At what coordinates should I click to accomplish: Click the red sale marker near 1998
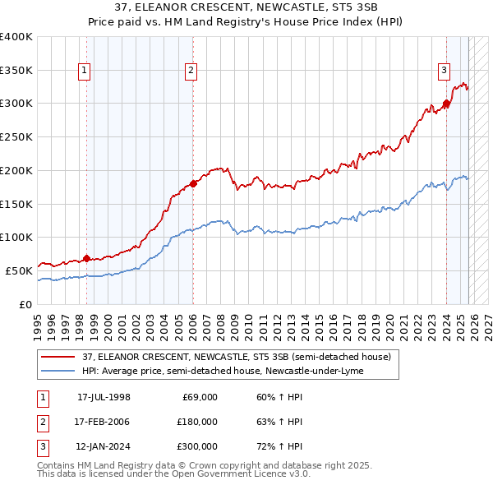pos(87,258)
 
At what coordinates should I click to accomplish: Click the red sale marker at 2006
pos(193,183)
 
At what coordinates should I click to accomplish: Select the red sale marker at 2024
pos(446,104)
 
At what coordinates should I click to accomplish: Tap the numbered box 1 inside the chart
pos(85,72)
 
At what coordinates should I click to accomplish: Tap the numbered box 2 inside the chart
pos(191,72)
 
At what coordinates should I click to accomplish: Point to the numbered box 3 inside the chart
pos(444,72)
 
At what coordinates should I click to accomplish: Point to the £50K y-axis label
pos(20,270)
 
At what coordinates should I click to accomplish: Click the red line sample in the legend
pos(59,357)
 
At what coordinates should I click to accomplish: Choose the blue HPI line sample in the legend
pos(59,371)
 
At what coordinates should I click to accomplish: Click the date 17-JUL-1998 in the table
pos(104,397)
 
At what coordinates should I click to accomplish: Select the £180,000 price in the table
pos(196,422)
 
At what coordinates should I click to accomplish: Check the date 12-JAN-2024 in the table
pos(104,446)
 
